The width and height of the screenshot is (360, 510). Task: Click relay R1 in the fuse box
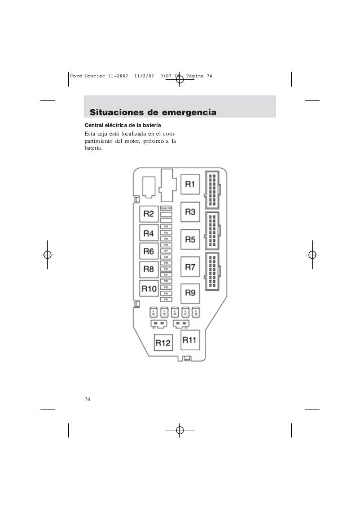click(190, 184)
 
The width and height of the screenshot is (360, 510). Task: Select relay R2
click(149, 213)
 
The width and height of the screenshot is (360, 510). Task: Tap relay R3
click(190, 212)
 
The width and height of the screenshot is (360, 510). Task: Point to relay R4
click(149, 233)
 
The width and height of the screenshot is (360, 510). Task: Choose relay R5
click(190, 239)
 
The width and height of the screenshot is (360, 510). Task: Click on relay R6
click(149, 251)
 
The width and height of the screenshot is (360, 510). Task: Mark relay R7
click(190, 267)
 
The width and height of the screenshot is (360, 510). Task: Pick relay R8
click(149, 269)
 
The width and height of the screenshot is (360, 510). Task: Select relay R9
click(190, 293)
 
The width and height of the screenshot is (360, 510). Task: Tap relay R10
click(149, 289)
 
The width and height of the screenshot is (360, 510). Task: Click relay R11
click(190, 340)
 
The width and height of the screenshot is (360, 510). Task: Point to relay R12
click(163, 342)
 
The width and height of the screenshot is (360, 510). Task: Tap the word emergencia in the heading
click(187, 112)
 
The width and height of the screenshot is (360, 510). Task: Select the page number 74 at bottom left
click(87, 399)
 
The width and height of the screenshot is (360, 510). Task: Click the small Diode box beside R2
click(166, 208)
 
